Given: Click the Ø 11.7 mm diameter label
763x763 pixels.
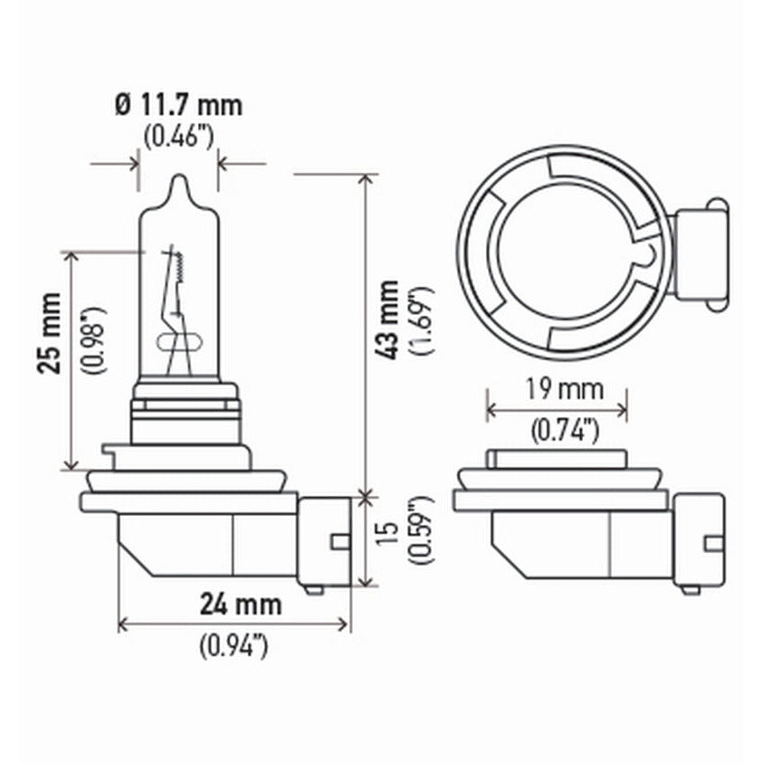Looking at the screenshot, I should pos(178,105).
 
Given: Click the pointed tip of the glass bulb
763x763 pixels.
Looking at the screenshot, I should pos(178,180).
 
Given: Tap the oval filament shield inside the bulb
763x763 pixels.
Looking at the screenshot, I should pos(178,342).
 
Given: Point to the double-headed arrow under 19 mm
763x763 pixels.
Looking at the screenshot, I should pos(557,410).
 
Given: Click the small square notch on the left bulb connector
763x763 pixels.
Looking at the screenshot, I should pos(340,541).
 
